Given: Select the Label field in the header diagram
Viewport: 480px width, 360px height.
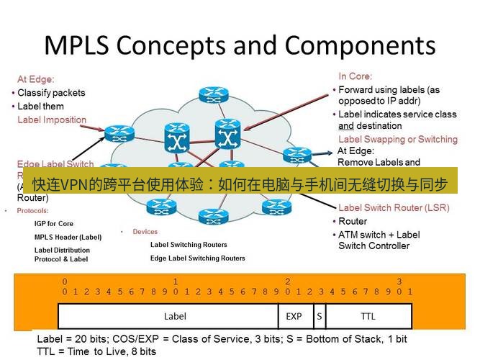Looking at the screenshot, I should point(175,315).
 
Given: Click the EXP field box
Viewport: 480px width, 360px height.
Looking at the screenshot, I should point(294,315).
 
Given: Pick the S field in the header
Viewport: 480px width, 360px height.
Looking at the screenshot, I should point(318,315).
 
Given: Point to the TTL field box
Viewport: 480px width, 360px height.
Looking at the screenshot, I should point(368,315).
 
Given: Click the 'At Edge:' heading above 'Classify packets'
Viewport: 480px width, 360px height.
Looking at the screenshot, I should point(36,80).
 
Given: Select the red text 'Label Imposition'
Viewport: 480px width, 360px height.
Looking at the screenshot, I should point(52,120).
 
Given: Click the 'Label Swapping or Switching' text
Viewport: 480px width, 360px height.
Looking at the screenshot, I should point(397,139).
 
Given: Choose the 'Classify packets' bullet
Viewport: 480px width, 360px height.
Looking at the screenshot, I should point(51,93).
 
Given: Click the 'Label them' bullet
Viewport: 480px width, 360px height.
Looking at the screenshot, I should point(40,107).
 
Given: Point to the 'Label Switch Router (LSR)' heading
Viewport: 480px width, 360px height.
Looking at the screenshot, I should point(393,208).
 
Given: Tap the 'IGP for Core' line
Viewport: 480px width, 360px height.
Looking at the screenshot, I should point(54,224).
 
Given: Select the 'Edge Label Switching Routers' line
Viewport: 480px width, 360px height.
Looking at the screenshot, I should point(197,258).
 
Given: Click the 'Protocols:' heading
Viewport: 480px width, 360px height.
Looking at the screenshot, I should point(32,211).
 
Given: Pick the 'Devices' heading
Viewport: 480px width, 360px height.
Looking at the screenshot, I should point(145,232).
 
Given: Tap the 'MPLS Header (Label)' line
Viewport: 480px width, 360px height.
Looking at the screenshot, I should point(68,237).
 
